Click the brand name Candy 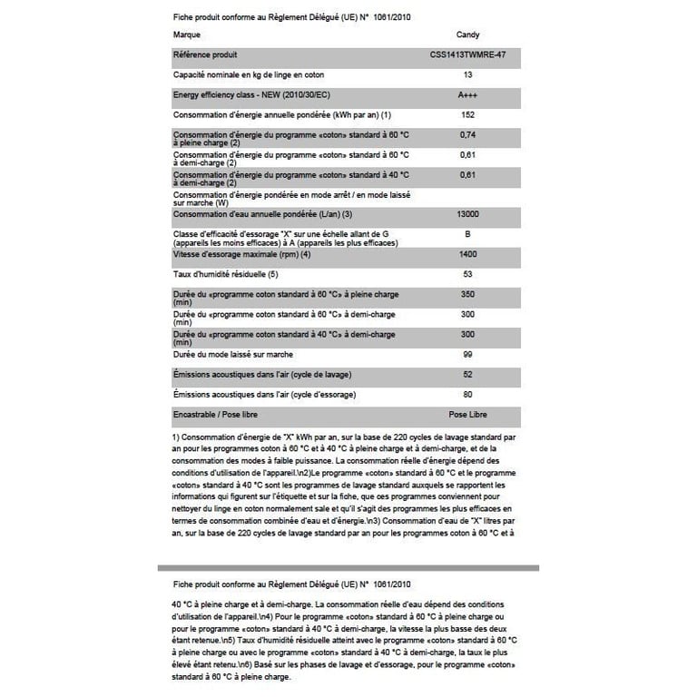[467, 34]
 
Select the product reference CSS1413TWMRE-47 [467, 55]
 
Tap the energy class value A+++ [467, 94]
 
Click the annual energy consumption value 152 [467, 114]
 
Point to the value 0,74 [467, 134]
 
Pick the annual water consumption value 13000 [467, 214]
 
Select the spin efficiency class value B [467, 234]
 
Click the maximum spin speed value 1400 [467, 254]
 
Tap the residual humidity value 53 [467, 274]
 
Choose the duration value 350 [467, 294]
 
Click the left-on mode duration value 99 [467, 354]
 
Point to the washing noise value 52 [467, 374]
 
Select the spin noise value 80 [467, 394]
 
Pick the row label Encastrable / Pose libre [222, 414]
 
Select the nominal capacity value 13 [467, 74]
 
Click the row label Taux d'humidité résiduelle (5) [224, 274]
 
